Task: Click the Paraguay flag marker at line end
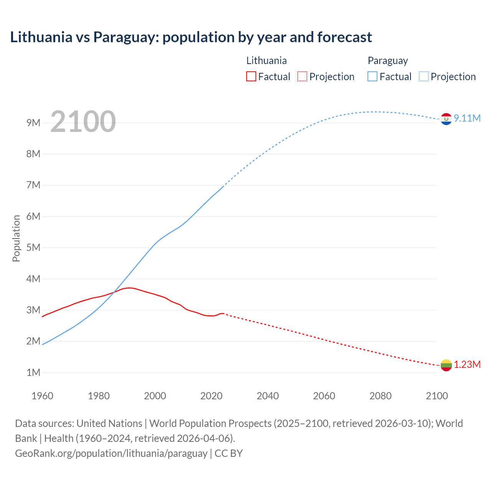446,119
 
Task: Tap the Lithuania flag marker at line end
446,365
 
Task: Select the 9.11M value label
467,118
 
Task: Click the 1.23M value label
467,364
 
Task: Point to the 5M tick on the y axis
33,247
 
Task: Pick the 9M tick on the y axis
33,123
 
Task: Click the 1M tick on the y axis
33,372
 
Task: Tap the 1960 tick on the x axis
42,396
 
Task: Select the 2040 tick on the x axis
268,396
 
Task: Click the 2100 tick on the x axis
437,396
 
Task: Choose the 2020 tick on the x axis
211,396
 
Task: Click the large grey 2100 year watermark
83,122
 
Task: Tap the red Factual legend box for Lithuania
251,76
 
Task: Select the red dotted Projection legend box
302,76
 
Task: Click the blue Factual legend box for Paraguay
372,76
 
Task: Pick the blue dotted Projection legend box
423,76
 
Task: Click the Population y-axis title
16,238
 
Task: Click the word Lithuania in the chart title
41,37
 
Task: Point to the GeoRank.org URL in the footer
111,453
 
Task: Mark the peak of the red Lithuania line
130,288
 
